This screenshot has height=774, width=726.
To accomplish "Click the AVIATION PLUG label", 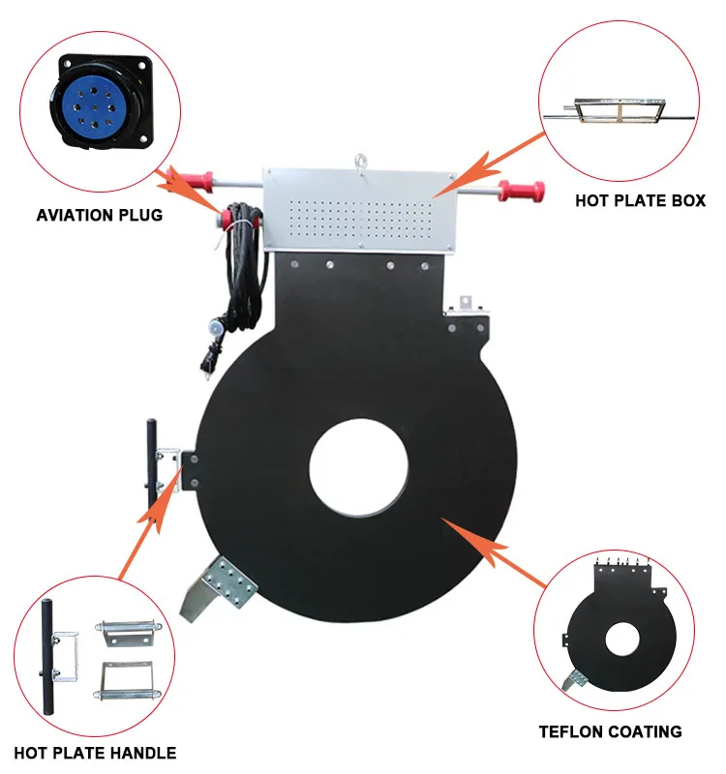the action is pos(100,215).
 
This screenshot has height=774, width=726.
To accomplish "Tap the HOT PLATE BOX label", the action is pos(640,201).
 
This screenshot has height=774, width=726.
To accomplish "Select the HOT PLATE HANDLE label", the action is pos(94,752).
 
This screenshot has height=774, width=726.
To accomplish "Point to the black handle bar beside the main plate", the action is pos(151,464).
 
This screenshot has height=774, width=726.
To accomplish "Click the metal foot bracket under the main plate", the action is pos(227,585).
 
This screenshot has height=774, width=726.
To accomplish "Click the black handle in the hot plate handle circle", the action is pos(44,648).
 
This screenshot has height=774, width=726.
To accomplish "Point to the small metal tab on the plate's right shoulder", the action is pos(464,304).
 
